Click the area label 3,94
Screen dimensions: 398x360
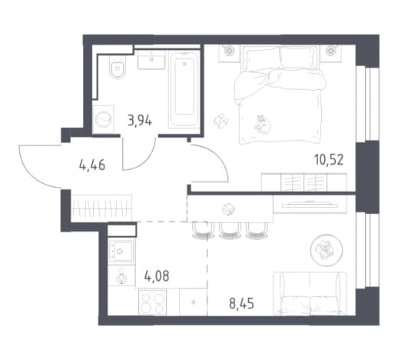tap(140, 121)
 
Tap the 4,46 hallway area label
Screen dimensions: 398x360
tap(92, 165)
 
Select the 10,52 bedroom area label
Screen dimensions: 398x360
tap(329, 159)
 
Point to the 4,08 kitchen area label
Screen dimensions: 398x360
tap(157, 276)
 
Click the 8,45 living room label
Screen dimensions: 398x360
tap(241, 304)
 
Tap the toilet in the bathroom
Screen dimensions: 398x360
tap(118, 67)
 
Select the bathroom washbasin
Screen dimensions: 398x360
tap(151, 59)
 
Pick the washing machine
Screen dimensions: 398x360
tap(104, 119)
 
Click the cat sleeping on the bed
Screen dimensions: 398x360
tap(263, 124)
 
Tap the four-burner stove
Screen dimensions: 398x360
tap(152, 302)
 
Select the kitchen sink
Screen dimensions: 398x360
tap(121, 251)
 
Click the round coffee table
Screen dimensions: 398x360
tap(327, 250)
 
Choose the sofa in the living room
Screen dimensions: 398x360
tap(310, 293)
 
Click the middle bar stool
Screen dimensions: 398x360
tap(229, 230)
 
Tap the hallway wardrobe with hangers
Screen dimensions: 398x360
tap(101, 208)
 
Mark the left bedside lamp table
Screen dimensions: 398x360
tap(229, 53)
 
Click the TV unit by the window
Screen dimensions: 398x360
tap(310, 204)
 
